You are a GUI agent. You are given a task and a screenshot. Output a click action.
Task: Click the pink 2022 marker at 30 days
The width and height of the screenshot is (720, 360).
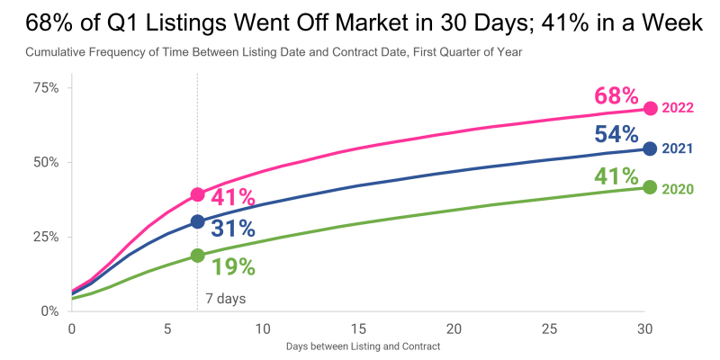(x=651, y=108)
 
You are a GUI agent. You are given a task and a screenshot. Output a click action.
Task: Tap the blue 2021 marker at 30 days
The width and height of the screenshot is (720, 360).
(x=651, y=148)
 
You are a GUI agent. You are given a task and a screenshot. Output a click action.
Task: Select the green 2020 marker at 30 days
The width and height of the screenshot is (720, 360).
(x=651, y=187)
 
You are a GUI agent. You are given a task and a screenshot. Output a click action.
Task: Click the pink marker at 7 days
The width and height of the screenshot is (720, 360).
(x=197, y=194)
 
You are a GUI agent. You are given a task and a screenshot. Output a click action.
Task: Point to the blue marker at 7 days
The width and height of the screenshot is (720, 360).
(x=197, y=221)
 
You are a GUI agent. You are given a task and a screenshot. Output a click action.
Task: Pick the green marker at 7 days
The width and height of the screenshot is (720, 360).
(x=197, y=256)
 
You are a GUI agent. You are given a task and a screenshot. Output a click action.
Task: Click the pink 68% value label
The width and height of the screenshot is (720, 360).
(x=616, y=95)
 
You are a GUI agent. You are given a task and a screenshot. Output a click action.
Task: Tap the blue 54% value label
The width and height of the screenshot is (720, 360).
(x=616, y=135)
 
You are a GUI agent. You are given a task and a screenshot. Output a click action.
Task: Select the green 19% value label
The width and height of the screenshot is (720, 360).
(x=234, y=266)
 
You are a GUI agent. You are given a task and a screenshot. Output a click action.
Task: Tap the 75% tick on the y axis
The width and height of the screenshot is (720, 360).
(x=45, y=87)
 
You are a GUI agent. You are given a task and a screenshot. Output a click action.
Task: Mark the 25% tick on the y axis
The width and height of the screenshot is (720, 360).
(x=45, y=237)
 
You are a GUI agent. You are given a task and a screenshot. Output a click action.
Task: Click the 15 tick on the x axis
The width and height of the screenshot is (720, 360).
(x=358, y=328)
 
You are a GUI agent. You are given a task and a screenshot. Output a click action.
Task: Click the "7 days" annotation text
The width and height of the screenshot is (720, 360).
(x=225, y=298)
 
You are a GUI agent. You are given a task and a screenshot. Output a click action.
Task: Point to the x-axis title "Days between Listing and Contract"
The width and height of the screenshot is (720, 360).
(x=363, y=346)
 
